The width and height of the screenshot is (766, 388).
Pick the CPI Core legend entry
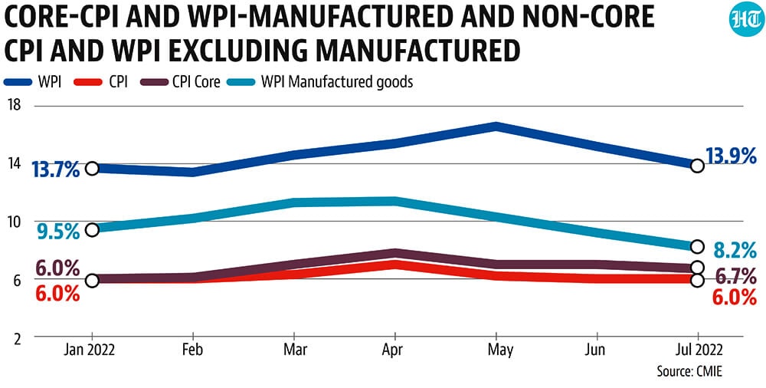point(179,82)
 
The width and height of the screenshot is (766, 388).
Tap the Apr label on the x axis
point(394,351)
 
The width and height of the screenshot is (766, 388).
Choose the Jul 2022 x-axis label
point(698,351)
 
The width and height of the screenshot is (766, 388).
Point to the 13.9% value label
point(731,157)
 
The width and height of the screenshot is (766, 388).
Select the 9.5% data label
point(57,232)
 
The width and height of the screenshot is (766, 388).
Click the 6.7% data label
point(735,278)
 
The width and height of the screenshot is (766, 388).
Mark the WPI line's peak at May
point(496,127)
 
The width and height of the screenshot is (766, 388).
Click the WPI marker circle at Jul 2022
point(698,166)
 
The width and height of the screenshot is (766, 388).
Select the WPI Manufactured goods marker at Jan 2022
point(92,229)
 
